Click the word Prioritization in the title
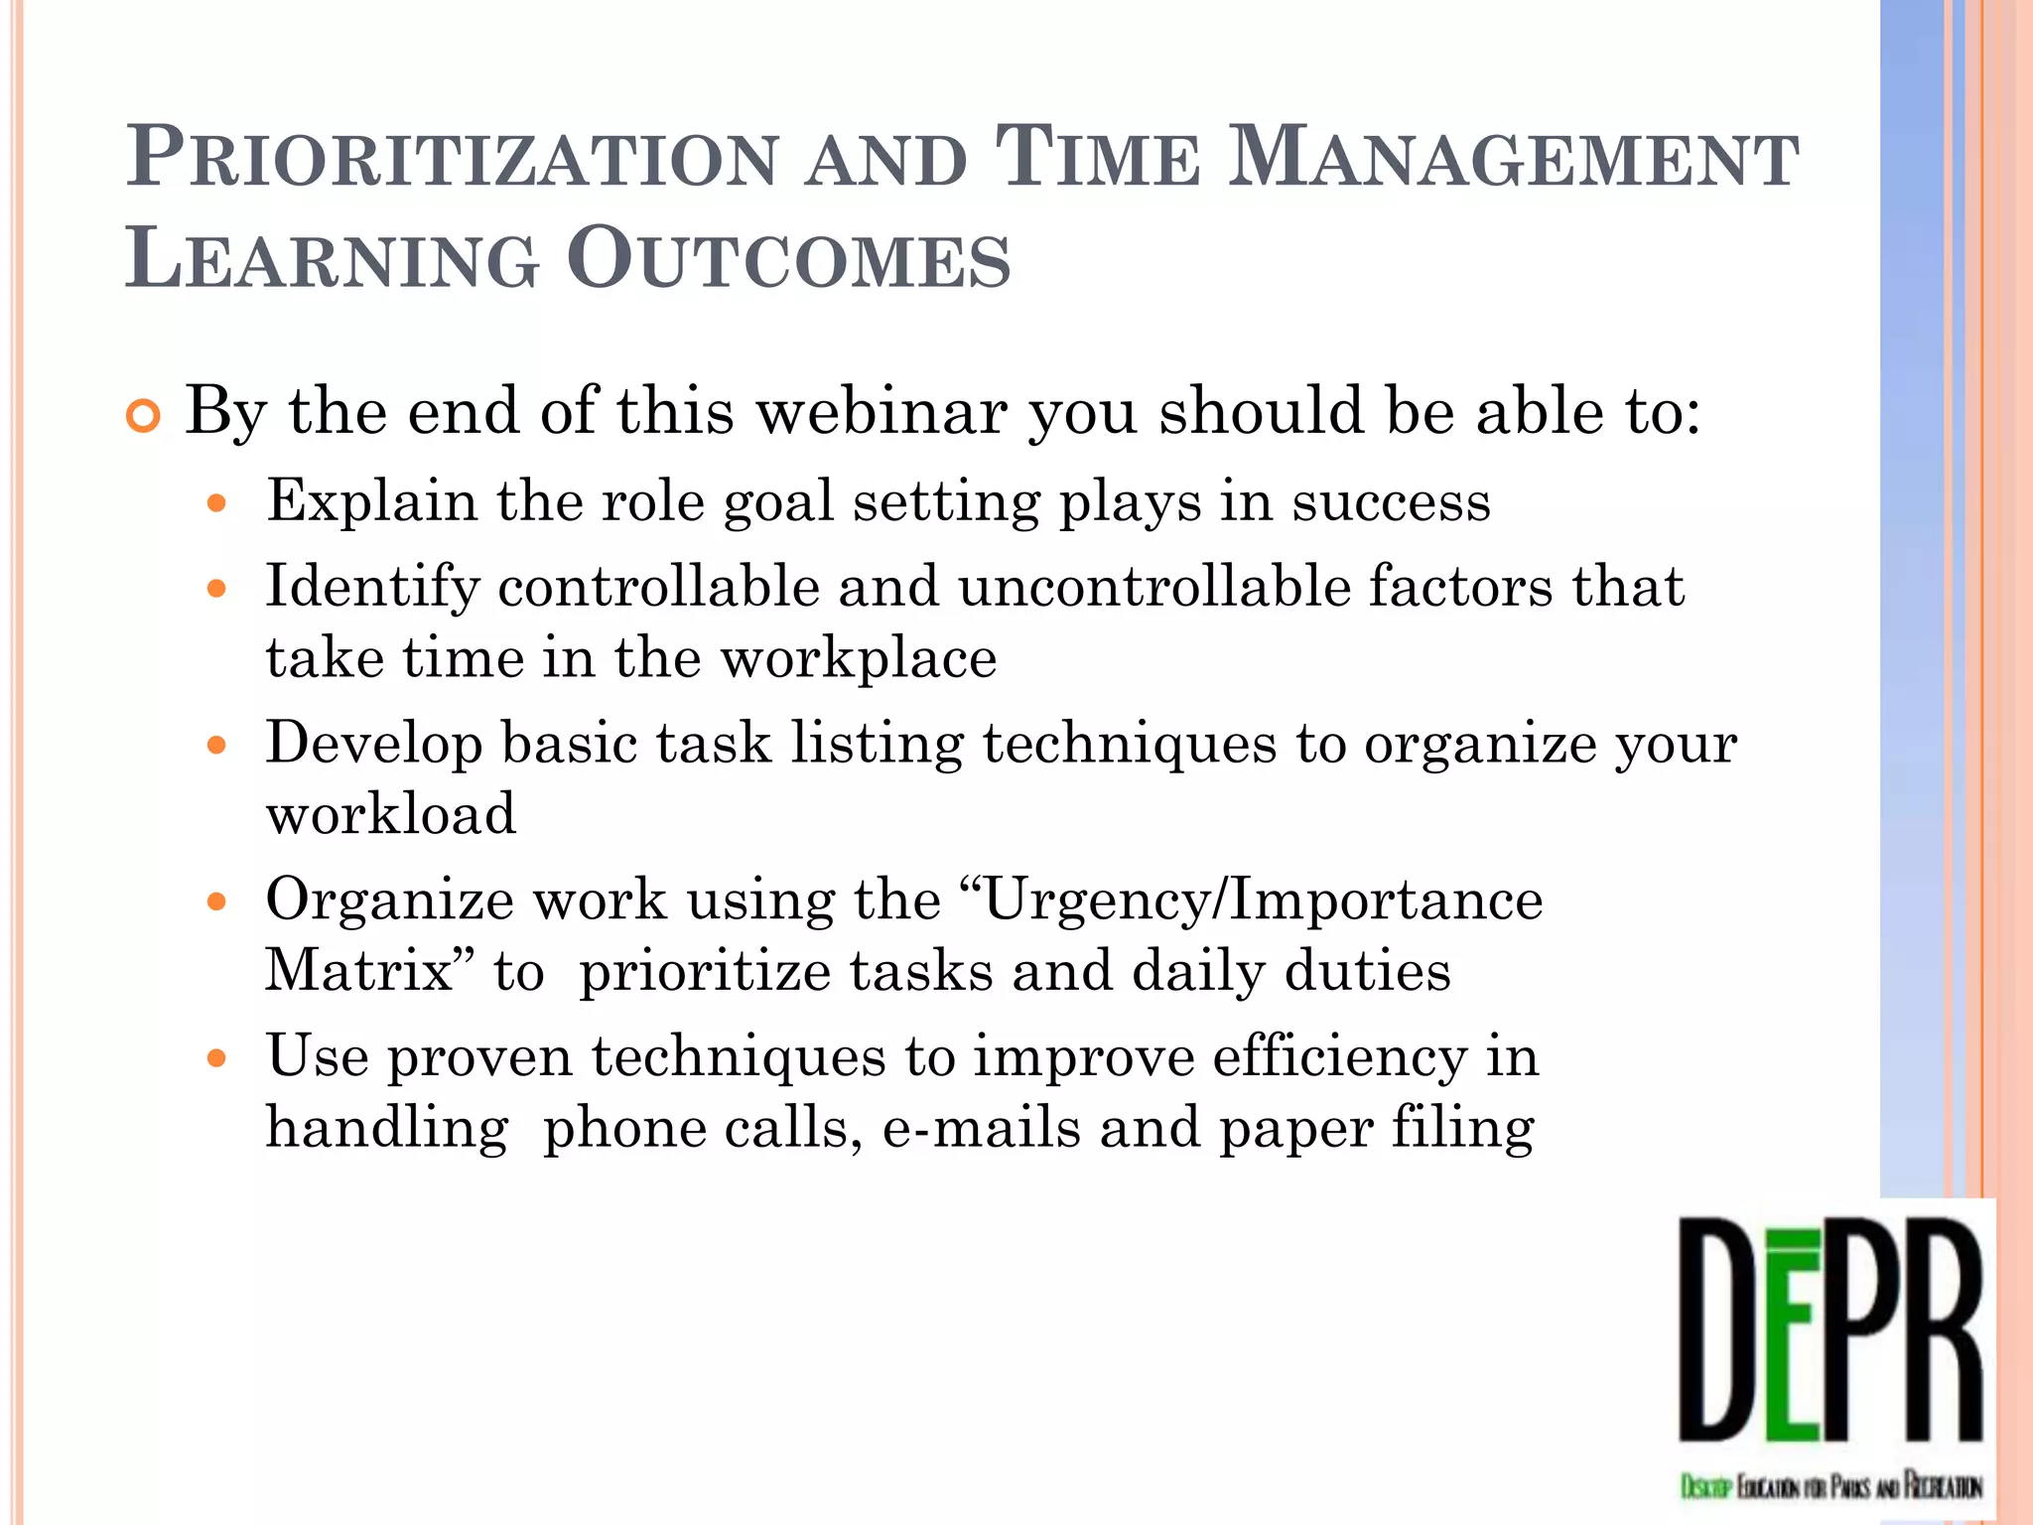tap(452, 159)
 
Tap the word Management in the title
tap(1513, 159)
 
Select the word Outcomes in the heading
tap(789, 260)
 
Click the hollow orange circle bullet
tap(144, 418)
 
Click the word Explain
tap(371, 501)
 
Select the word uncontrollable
tap(1153, 587)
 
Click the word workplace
tap(859, 658)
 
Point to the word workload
tap(391, 814)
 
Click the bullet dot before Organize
tap(217, 901)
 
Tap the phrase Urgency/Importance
tap(1261, 901)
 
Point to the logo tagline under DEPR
tap(1830, 1486)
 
